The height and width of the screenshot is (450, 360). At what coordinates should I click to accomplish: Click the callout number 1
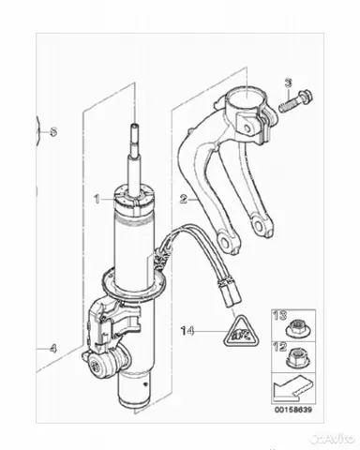tap(97, 199)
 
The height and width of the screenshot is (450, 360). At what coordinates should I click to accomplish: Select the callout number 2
tap(184, 199)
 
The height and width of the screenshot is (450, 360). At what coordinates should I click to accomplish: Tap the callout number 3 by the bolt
tap(288, 83)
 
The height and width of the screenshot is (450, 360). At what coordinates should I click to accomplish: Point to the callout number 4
tap(53, 349)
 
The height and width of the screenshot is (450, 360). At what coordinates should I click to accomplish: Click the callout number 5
tap(53, 132)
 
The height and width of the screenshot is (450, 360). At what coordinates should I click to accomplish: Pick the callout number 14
tap(187, 331)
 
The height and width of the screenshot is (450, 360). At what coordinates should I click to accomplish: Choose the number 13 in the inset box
tap(280, 315)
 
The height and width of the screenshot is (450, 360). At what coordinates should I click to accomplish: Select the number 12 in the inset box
tap(280, 347)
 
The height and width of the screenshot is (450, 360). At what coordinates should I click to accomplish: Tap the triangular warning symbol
tap(241, 332)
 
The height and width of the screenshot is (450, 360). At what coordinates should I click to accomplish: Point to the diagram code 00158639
tap(293, 410)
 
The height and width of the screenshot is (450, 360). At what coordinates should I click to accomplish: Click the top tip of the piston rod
tap(135, 125)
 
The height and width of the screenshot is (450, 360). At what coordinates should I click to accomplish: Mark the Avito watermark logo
tap(334, 438)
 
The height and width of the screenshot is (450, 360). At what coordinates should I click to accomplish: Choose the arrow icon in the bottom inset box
tap(292, 390)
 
